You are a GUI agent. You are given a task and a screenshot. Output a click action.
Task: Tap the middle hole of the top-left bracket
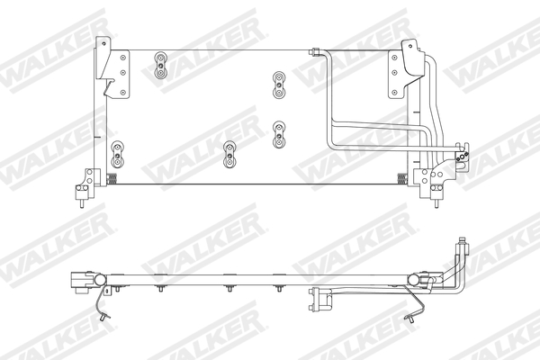tap(125, 68)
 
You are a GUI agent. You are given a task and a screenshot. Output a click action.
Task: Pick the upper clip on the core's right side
tap(278, 85)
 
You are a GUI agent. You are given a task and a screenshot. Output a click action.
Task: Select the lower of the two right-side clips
tap(278, 132)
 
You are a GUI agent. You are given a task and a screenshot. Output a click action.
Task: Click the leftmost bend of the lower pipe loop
tap(330, 136)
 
